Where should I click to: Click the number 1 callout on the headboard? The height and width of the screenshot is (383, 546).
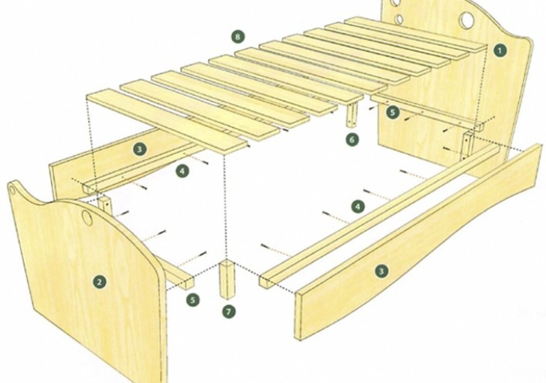point(500,50)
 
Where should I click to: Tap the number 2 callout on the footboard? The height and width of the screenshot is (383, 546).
point(99,282)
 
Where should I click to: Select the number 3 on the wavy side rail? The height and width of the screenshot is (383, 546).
point(381,271)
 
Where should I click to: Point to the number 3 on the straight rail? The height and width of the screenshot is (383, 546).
point(140,150)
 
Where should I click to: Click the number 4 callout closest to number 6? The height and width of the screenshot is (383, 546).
point(358,206)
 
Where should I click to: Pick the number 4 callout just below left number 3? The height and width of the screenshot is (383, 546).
point(182,171)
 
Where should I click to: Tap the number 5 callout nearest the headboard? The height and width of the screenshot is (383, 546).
point(393,112)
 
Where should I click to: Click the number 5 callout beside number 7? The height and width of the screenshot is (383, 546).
point(193,299)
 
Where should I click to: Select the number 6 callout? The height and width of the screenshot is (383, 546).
point(352,140)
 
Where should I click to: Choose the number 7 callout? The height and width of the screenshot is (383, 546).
point(228,311)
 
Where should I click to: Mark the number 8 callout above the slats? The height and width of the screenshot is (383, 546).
point(238,37)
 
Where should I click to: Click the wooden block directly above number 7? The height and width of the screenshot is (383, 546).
point(227,279)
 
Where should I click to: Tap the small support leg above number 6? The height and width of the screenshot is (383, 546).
point(352,114)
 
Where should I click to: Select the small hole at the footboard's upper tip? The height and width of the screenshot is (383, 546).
point(13,191)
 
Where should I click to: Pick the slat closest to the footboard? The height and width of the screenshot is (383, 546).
point(168,120)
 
